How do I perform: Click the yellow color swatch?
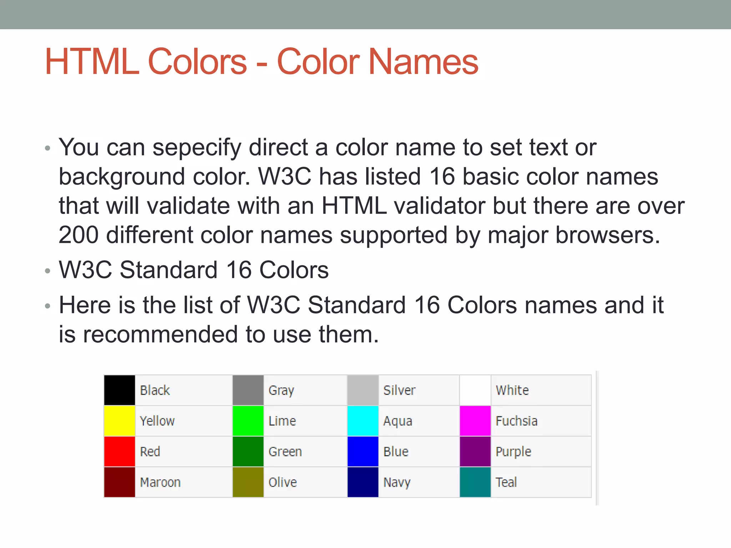tap(120, 421)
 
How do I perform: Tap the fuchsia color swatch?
tap(475, 421)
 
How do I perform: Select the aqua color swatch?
tap(363, 421)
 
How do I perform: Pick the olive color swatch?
tap(248, 482)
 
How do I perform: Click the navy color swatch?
tap(363, 482)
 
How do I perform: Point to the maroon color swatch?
tap(120, 482)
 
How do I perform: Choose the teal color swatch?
tap(475, 482)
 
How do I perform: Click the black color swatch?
tap(120, 390)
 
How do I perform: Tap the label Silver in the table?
tap(399, 390)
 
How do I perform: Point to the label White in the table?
tap(512, 390)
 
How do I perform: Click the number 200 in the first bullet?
tap(79, 235)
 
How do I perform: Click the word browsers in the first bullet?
tap(608, 235)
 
